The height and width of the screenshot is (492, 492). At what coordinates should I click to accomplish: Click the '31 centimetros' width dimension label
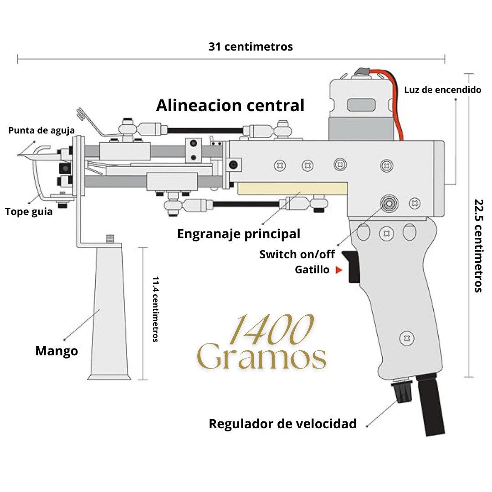point(251,46)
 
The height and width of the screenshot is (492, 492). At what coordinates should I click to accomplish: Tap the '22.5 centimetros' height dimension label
point(478,246)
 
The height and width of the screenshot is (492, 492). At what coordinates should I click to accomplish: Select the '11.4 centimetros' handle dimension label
point(155,309)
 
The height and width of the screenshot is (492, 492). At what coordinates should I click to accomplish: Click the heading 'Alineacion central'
point(230,106)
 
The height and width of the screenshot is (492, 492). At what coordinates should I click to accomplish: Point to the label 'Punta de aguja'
point(41,131)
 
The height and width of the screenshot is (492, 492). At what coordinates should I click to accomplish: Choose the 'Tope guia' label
point(29,212)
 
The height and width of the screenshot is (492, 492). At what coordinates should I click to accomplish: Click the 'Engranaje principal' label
point(239,234)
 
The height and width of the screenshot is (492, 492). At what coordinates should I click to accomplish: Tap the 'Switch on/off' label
point(297,254)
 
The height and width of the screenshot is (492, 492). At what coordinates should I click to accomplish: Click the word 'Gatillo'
point(312,270)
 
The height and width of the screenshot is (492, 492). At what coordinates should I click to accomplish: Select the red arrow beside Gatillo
point(338,270)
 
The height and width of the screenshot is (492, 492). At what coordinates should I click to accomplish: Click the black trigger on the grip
point(353,266)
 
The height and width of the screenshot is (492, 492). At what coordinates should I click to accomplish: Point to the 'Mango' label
point(56,351)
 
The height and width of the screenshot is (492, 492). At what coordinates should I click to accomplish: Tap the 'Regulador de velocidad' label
point(282,424)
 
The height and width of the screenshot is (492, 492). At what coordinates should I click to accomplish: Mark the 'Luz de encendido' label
point(442,90)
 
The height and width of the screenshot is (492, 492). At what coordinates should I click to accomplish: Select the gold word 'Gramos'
point(262,358)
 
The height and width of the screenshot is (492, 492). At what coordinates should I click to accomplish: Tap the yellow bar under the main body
point(292,189)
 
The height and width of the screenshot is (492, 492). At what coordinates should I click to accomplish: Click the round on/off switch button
point(388,203)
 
